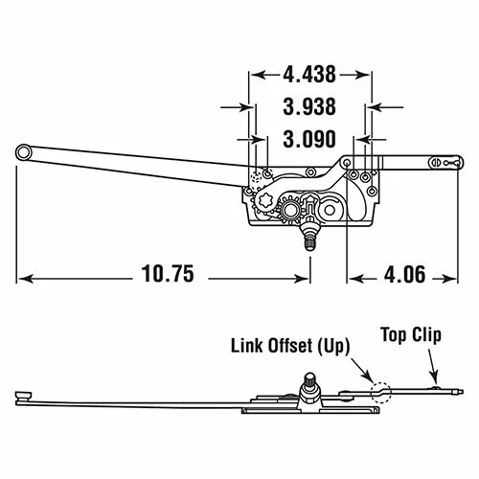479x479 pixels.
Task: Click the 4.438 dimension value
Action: pos(309,75)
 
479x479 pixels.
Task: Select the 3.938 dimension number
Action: pos(309,106)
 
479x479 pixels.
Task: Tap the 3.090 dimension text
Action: pos(309,139)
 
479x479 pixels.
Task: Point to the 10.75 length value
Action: pos(168,274)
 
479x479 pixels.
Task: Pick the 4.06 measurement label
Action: pos(404,274)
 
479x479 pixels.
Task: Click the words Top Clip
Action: pos(411,335)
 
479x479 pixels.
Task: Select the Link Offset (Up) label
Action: pos(290,346)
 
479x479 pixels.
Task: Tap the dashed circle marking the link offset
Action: pos(380,393)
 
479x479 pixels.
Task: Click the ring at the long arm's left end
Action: pos(23,152)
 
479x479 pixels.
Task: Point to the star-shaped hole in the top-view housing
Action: pos(265,201)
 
